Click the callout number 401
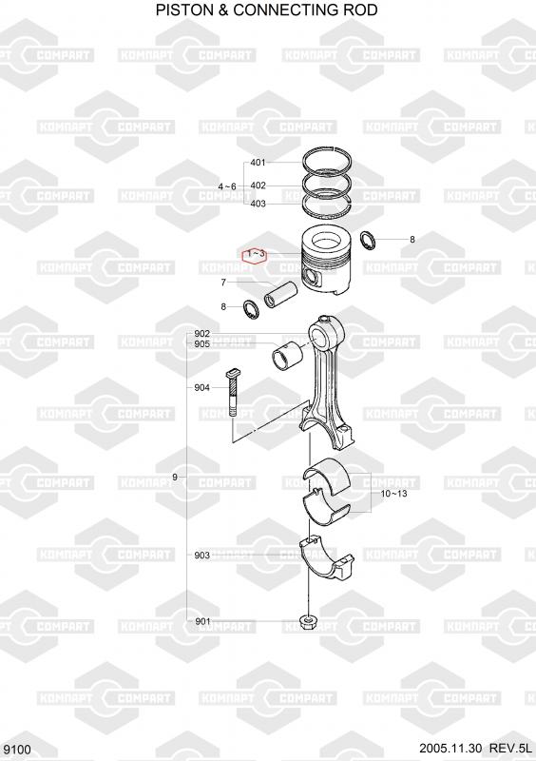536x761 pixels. point(258,163)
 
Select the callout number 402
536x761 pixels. point(258,185)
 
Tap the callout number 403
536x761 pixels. point(258,204)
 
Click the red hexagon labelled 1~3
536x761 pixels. point(255,254)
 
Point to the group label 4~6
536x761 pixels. point(227,186)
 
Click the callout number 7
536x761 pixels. point(223,283)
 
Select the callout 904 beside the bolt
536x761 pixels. point(201,387)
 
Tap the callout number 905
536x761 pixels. point(201,344)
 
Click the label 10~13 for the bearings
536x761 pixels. point(393,494)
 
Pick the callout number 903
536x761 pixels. point(201,556)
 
